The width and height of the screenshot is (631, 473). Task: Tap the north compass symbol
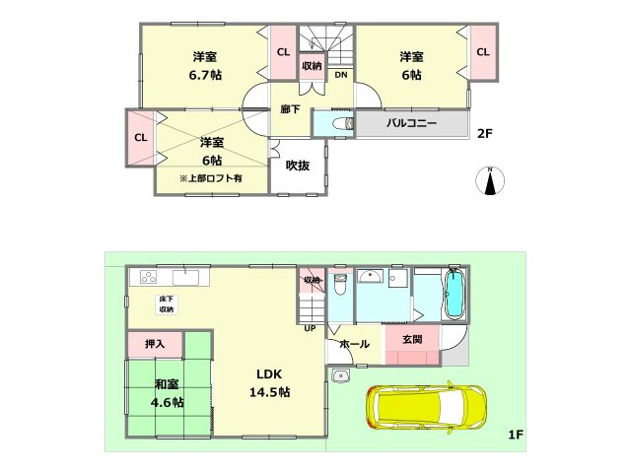click(490, 181)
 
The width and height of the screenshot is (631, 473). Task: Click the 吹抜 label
click(298, 166)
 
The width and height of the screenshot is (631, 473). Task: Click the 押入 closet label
click(155, 344)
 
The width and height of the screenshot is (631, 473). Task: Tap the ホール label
click(355, 344)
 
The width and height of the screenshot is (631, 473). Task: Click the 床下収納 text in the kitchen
click(166, 304)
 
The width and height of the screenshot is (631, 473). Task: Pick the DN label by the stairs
click(340, 76)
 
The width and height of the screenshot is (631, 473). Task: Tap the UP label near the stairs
click(310, 328)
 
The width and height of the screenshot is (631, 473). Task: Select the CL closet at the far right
click(483, 52)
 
